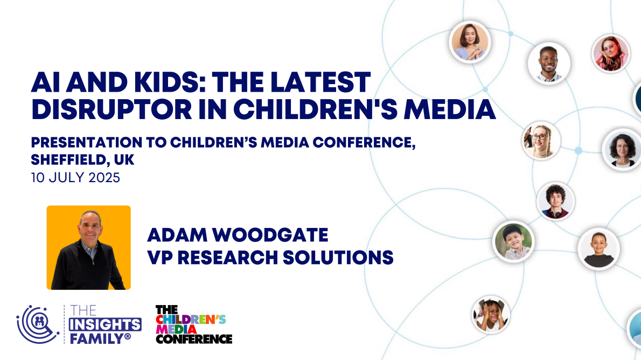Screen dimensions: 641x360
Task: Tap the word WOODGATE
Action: tap(270, 235)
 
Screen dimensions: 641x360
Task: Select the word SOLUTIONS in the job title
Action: tap(338, 257)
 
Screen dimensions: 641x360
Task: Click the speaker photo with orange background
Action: tap(89, 247)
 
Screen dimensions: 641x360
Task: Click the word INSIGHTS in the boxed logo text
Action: tap(105, 325)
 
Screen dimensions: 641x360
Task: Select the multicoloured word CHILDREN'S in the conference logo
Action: tap(191, 320)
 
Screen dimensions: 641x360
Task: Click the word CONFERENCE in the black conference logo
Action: tap(194, 339)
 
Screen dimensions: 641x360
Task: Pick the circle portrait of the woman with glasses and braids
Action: tap(541, 141)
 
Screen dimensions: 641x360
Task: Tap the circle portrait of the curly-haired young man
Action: tap(555, 201)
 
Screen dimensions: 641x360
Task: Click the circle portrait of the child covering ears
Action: tap(491, 315)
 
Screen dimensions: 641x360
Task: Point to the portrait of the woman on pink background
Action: tap(611, 53)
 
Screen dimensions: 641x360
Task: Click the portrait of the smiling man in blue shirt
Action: tap(548, 64)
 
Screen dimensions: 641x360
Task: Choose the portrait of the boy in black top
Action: tap(598, 249)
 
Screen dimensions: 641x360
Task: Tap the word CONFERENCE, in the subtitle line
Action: tap(364, 142)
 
